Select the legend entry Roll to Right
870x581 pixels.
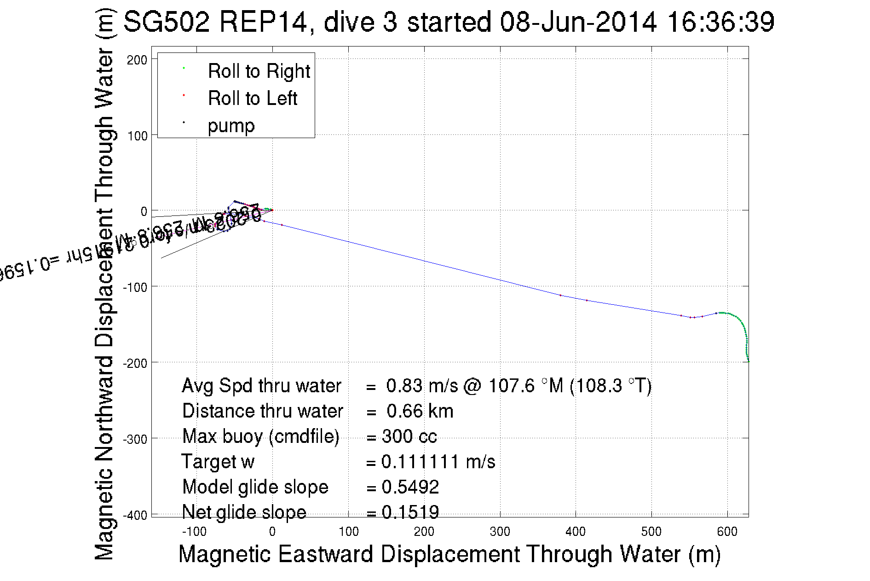[x=259, y=71]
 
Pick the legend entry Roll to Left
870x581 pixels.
[x=253, y=99]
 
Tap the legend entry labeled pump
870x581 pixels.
[x=231, y=126]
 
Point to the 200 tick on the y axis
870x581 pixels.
[x=137, y=60]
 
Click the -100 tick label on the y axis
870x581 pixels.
[x=135, y=287]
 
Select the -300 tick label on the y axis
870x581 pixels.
[x=135, y=439]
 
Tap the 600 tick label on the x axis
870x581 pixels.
[x=727, y=532]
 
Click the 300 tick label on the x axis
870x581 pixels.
[x=500, y=532]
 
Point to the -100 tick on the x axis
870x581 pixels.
[x=194, y=532]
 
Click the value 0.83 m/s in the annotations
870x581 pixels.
[x=422, y=386]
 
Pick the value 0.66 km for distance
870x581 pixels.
[x=420, y=411]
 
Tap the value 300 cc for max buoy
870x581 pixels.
[x=409, y=436]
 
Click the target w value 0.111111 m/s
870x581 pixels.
[x=438, y=462]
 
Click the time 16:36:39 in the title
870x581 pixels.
[x=720, y=22]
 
